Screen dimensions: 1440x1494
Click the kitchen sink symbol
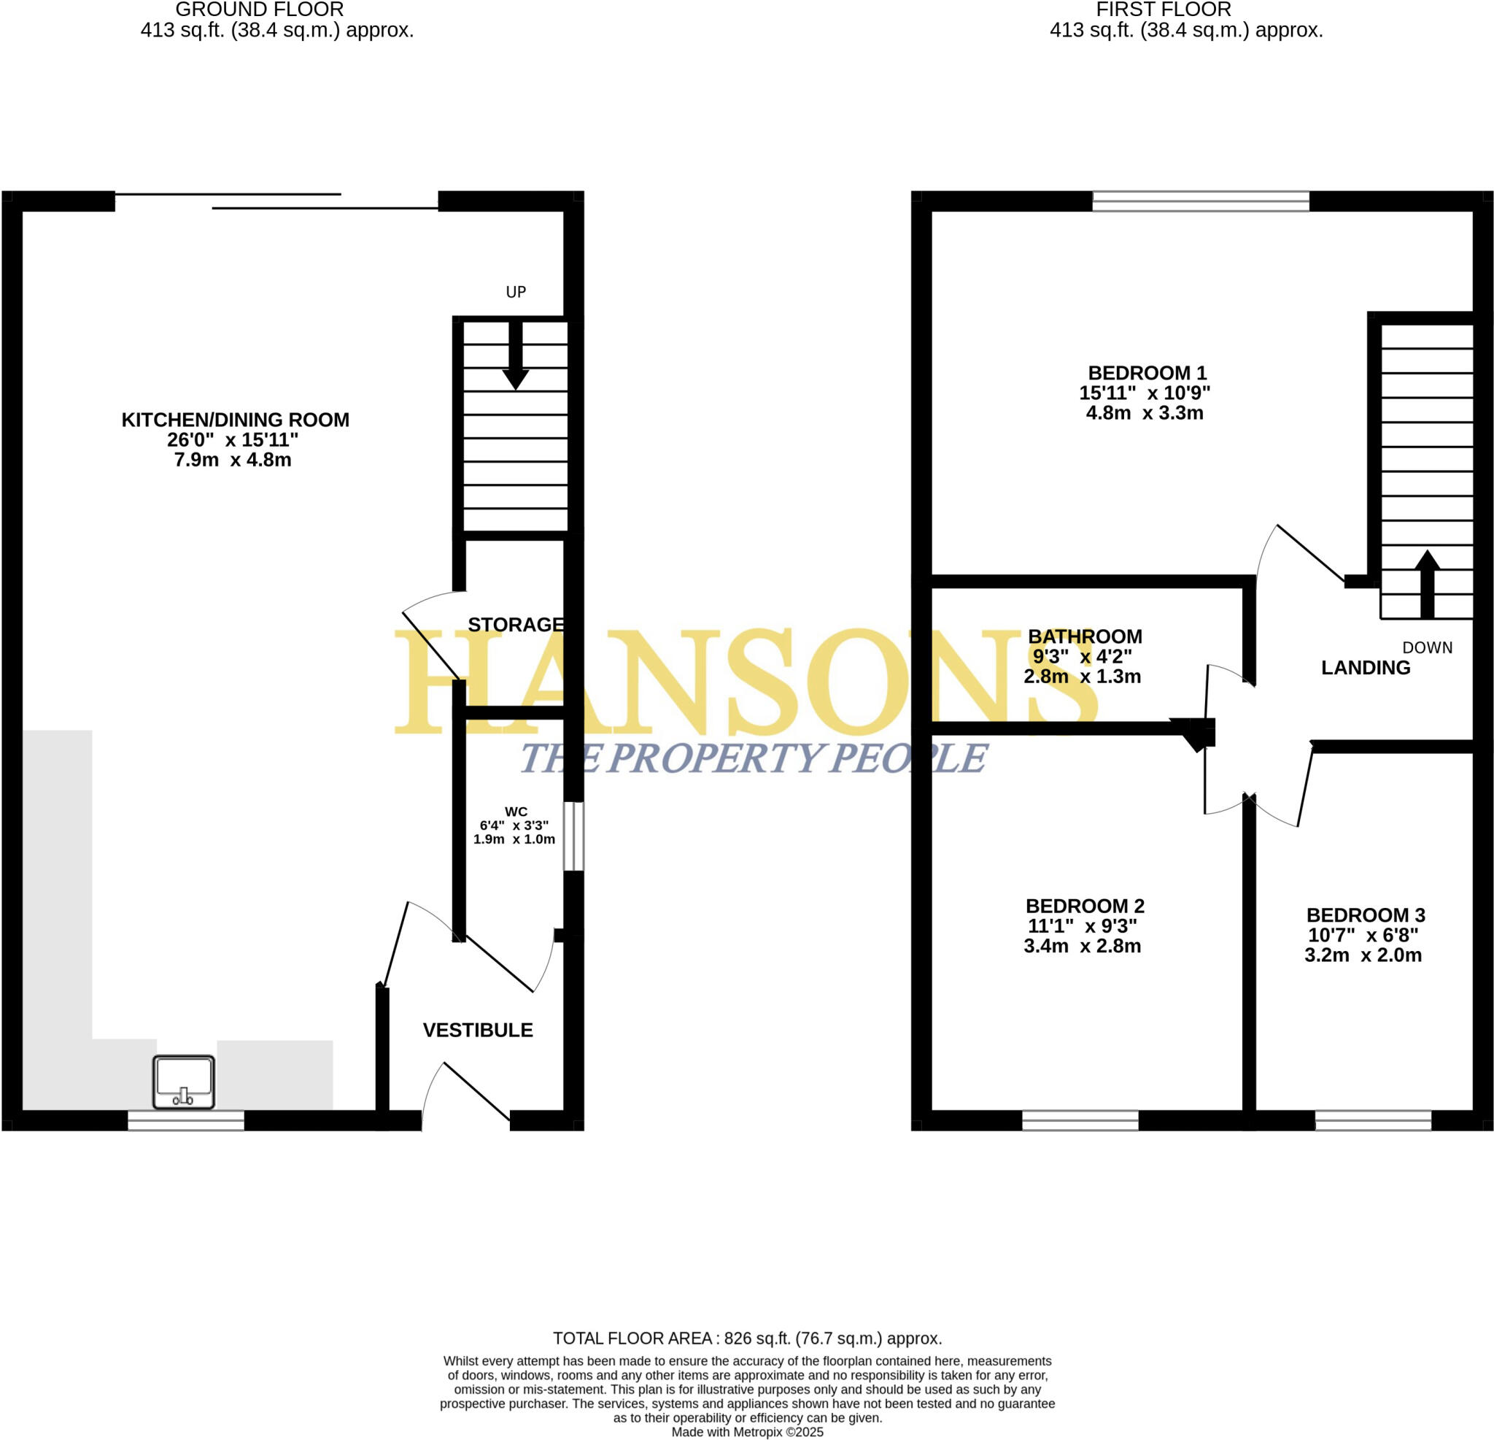click(x=184, y=1082)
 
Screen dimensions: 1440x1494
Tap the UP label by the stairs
click(x=516, y=292)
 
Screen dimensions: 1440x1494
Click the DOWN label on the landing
click(x=1427, y=647)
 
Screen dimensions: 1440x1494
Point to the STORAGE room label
click(x=515, y=625)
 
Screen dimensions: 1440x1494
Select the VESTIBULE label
click(x=478, y=1031)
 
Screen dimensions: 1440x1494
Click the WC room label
click(x=516, y=812)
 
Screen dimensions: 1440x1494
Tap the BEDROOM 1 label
click(x=1147, y=373)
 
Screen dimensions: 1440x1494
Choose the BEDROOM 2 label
click(x=1085, y=906)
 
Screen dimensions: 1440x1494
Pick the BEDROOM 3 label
click(x=1365, y=915)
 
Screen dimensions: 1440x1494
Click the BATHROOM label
click(x=1085, y=636)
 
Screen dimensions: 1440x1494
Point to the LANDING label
click(x=1365, y=668)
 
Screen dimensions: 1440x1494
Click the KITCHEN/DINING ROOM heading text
click(x=236, y=420)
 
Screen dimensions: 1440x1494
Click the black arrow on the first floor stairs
click(x=1427, y=584)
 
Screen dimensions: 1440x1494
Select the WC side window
click(x=573, y=836)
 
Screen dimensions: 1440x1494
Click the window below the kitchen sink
click(x=185, y=1120)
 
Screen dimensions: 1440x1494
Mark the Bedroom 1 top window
click(x=1201, y=201)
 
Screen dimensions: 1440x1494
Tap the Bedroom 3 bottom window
click(x=1373, y=1120)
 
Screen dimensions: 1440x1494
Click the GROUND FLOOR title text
click(x=259, y=10)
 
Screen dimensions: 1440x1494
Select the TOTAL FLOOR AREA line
click(x=747, y=1338)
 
